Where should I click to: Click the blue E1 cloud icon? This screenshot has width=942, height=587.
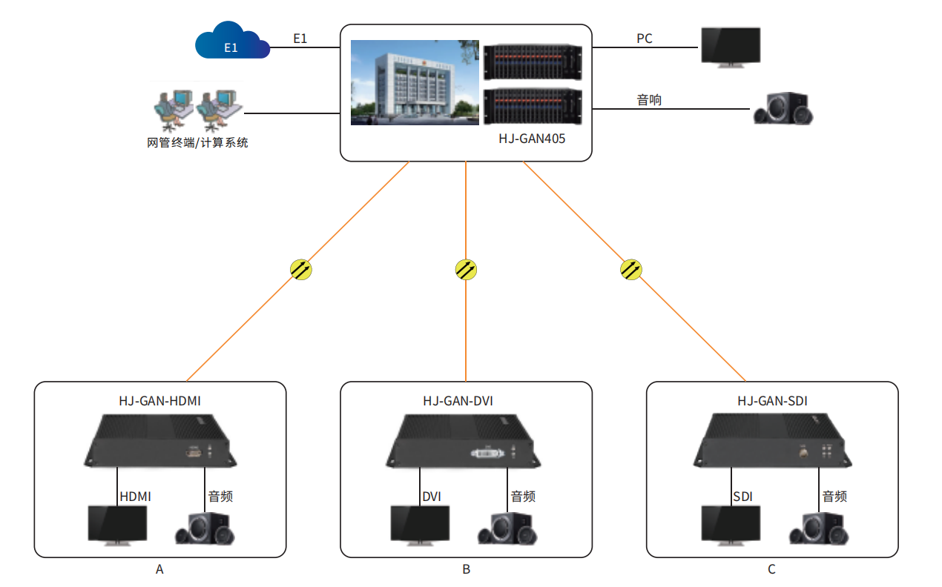point(231,42)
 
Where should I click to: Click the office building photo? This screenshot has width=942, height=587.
point(415,82)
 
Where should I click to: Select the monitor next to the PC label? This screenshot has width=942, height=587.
point(731,47)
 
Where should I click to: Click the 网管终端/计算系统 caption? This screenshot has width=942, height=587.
point(197,142)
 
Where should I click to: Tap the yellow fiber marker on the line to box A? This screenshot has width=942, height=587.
point(301,269)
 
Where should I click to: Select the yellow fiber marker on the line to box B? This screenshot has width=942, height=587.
point(466,269)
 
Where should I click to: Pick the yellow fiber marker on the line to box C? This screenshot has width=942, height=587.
point(630,269)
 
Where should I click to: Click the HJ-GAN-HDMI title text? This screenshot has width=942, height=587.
point(159,401)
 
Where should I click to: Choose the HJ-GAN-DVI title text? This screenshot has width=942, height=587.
point(458,401)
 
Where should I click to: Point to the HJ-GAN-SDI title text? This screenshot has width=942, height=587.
point(772,401)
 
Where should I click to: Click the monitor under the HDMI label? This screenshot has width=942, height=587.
point(117,525)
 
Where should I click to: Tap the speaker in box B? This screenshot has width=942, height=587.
point(507,528)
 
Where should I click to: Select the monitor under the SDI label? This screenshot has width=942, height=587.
point(731,525)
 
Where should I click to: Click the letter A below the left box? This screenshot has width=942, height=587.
point(159,569)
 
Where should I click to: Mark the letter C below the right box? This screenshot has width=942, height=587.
point(771,569)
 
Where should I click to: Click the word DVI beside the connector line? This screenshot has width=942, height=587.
point(432,497)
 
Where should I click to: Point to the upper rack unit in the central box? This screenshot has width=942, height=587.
point(533,62)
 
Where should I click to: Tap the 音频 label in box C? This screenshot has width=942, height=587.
point(834,497)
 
